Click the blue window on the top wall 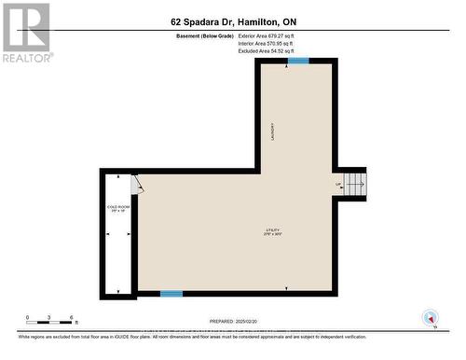pyautogui.click(x=298, y=62)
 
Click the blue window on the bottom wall pyautogui.click(x=171, y=294)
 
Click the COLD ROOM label pyautogui.click(x=116, y=207)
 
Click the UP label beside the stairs pyautogui.click(x=338, y=184)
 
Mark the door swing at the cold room pyautogui.click(x=138, y=183)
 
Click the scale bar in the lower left pyautogui.click(x=51, y=323)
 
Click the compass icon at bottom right pyautogui.click(x=430, y=317)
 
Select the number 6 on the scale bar pyautogui.click(x=74, y=317)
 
